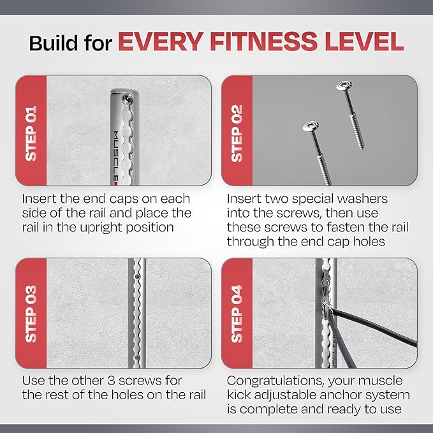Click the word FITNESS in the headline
point(263,41)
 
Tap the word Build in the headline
point(54,43)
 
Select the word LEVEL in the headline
point(364,41)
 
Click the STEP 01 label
point(31,134)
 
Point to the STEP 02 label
point(237,134)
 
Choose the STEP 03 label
point(31,314)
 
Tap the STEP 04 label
point(237,314)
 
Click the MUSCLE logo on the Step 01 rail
point(116,158)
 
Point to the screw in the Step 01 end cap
point(127,97)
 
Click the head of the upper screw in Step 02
point(344,85)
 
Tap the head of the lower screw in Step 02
point(311,126)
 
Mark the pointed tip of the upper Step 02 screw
point(363,149)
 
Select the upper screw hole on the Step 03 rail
point(136,276)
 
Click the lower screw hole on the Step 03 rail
point(136,358)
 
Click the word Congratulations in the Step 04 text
point(275,381)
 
